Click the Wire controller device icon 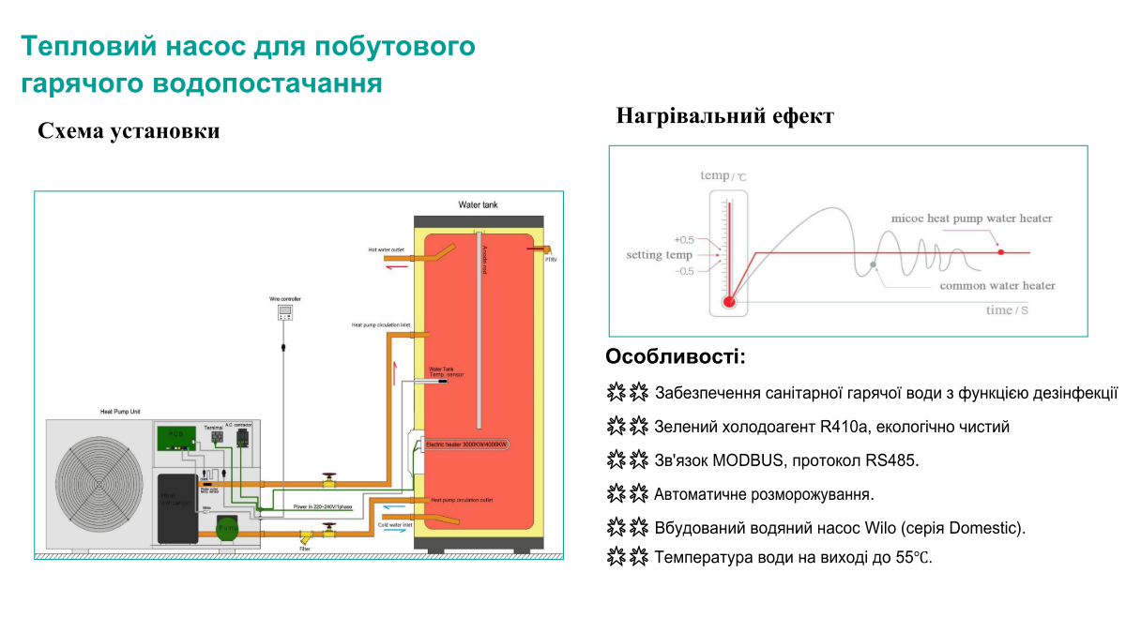(285, 312)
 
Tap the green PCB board (176, 435)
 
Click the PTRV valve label (551, 259)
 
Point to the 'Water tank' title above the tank (478, 203)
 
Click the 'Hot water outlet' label (386, 250)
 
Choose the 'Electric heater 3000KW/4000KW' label (466, 444)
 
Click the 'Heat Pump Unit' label (121, 411)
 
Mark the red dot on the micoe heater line (1001, 252)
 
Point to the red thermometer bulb (729, 302)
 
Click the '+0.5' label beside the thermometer (684, 239)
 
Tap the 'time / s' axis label (1007, 310)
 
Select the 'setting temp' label (659, 255)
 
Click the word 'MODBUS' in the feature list (743, 460)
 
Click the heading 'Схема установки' (129, 131)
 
